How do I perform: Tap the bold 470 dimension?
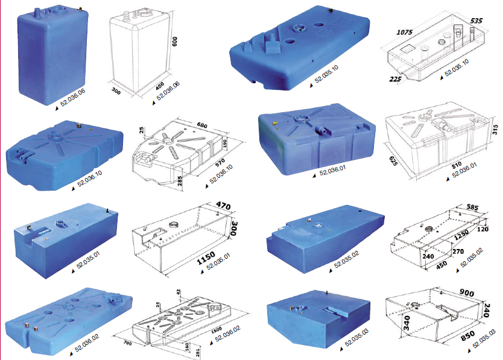(x=224, y=206)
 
